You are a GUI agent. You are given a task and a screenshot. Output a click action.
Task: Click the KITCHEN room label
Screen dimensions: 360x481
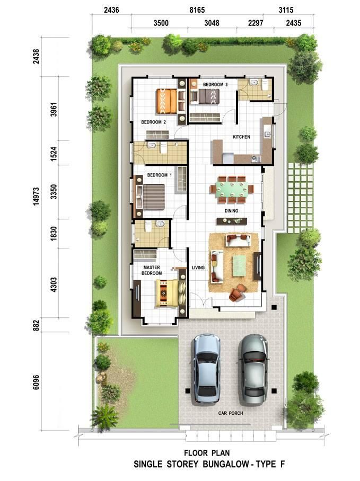[x=241, y=137]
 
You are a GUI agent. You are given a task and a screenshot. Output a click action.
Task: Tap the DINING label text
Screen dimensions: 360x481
[x=231, y=211]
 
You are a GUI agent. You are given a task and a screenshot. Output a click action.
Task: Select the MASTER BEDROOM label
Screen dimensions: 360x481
[x=152, y=270]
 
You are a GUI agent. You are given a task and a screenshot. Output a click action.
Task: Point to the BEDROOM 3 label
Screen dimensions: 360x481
[x=215, y=84]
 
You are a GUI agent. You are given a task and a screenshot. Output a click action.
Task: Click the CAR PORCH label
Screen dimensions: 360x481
[x=231, y=413]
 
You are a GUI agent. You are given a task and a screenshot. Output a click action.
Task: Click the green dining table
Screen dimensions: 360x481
[x=232, y=189]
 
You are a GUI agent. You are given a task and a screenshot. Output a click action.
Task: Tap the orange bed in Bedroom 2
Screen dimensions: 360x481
[x=167, y=101]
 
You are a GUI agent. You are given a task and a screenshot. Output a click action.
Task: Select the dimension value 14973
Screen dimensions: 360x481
[x=37, y=197]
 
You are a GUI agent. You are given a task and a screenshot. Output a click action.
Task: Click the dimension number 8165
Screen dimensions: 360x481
[x=197, y=10]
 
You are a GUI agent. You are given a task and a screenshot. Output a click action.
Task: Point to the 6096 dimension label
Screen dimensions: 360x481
[x=36, y=382]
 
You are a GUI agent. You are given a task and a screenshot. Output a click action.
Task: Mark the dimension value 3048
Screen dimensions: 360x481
[x=212, y=23]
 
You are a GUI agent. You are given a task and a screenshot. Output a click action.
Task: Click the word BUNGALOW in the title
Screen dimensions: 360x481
[x=225, y=465]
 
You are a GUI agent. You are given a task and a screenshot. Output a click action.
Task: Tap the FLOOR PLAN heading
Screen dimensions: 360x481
[x=207, y=453]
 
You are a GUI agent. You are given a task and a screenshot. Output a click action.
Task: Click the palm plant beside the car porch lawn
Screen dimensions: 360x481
[x=104, y=416]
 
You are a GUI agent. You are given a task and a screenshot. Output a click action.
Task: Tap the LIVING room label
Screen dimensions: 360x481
[x=198, y=268]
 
